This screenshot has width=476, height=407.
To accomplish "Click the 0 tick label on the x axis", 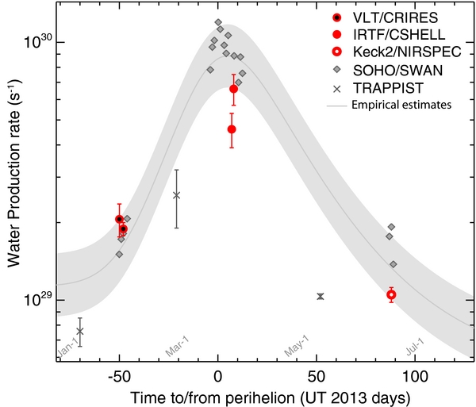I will (x=218, y=374).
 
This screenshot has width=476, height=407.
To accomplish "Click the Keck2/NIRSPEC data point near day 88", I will (x=391, y=294).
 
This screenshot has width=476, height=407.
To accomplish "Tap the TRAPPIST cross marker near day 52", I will (x=320, y=296).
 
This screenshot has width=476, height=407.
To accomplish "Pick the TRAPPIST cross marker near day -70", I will (x=79, y=331).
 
